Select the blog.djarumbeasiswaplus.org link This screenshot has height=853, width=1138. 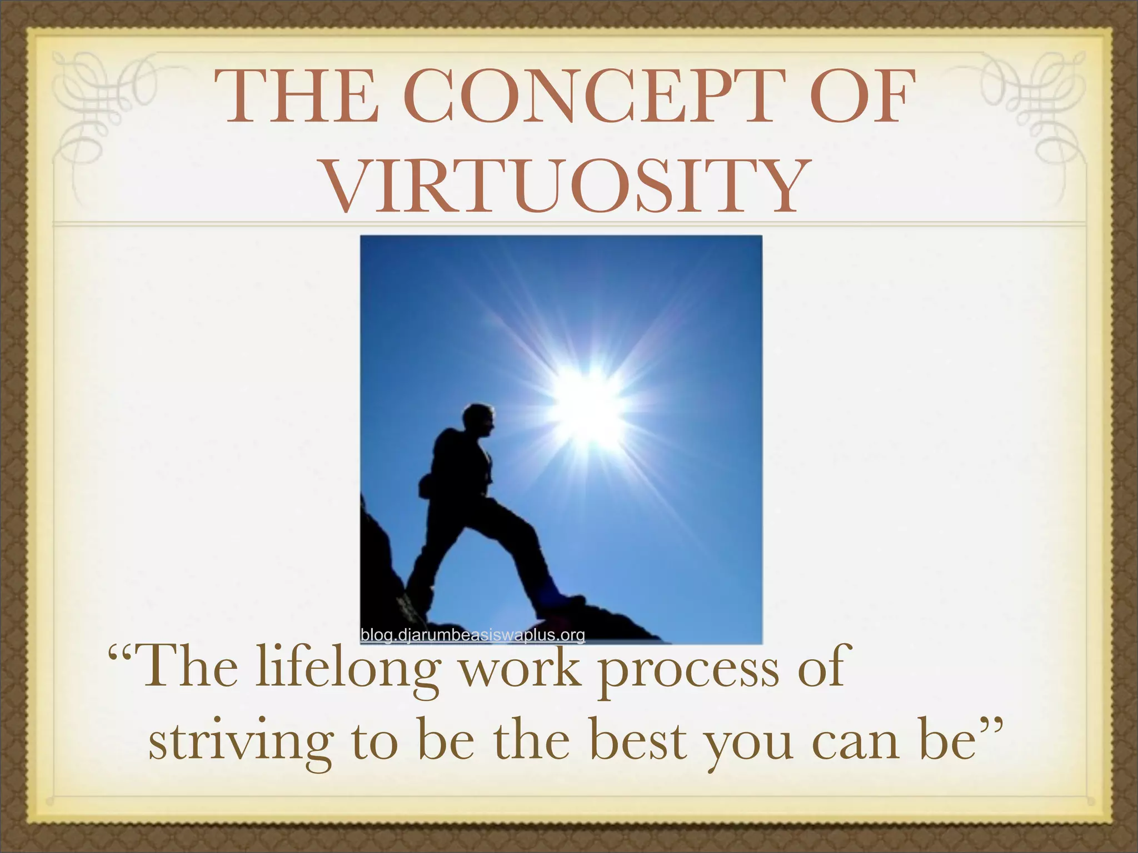472,635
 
